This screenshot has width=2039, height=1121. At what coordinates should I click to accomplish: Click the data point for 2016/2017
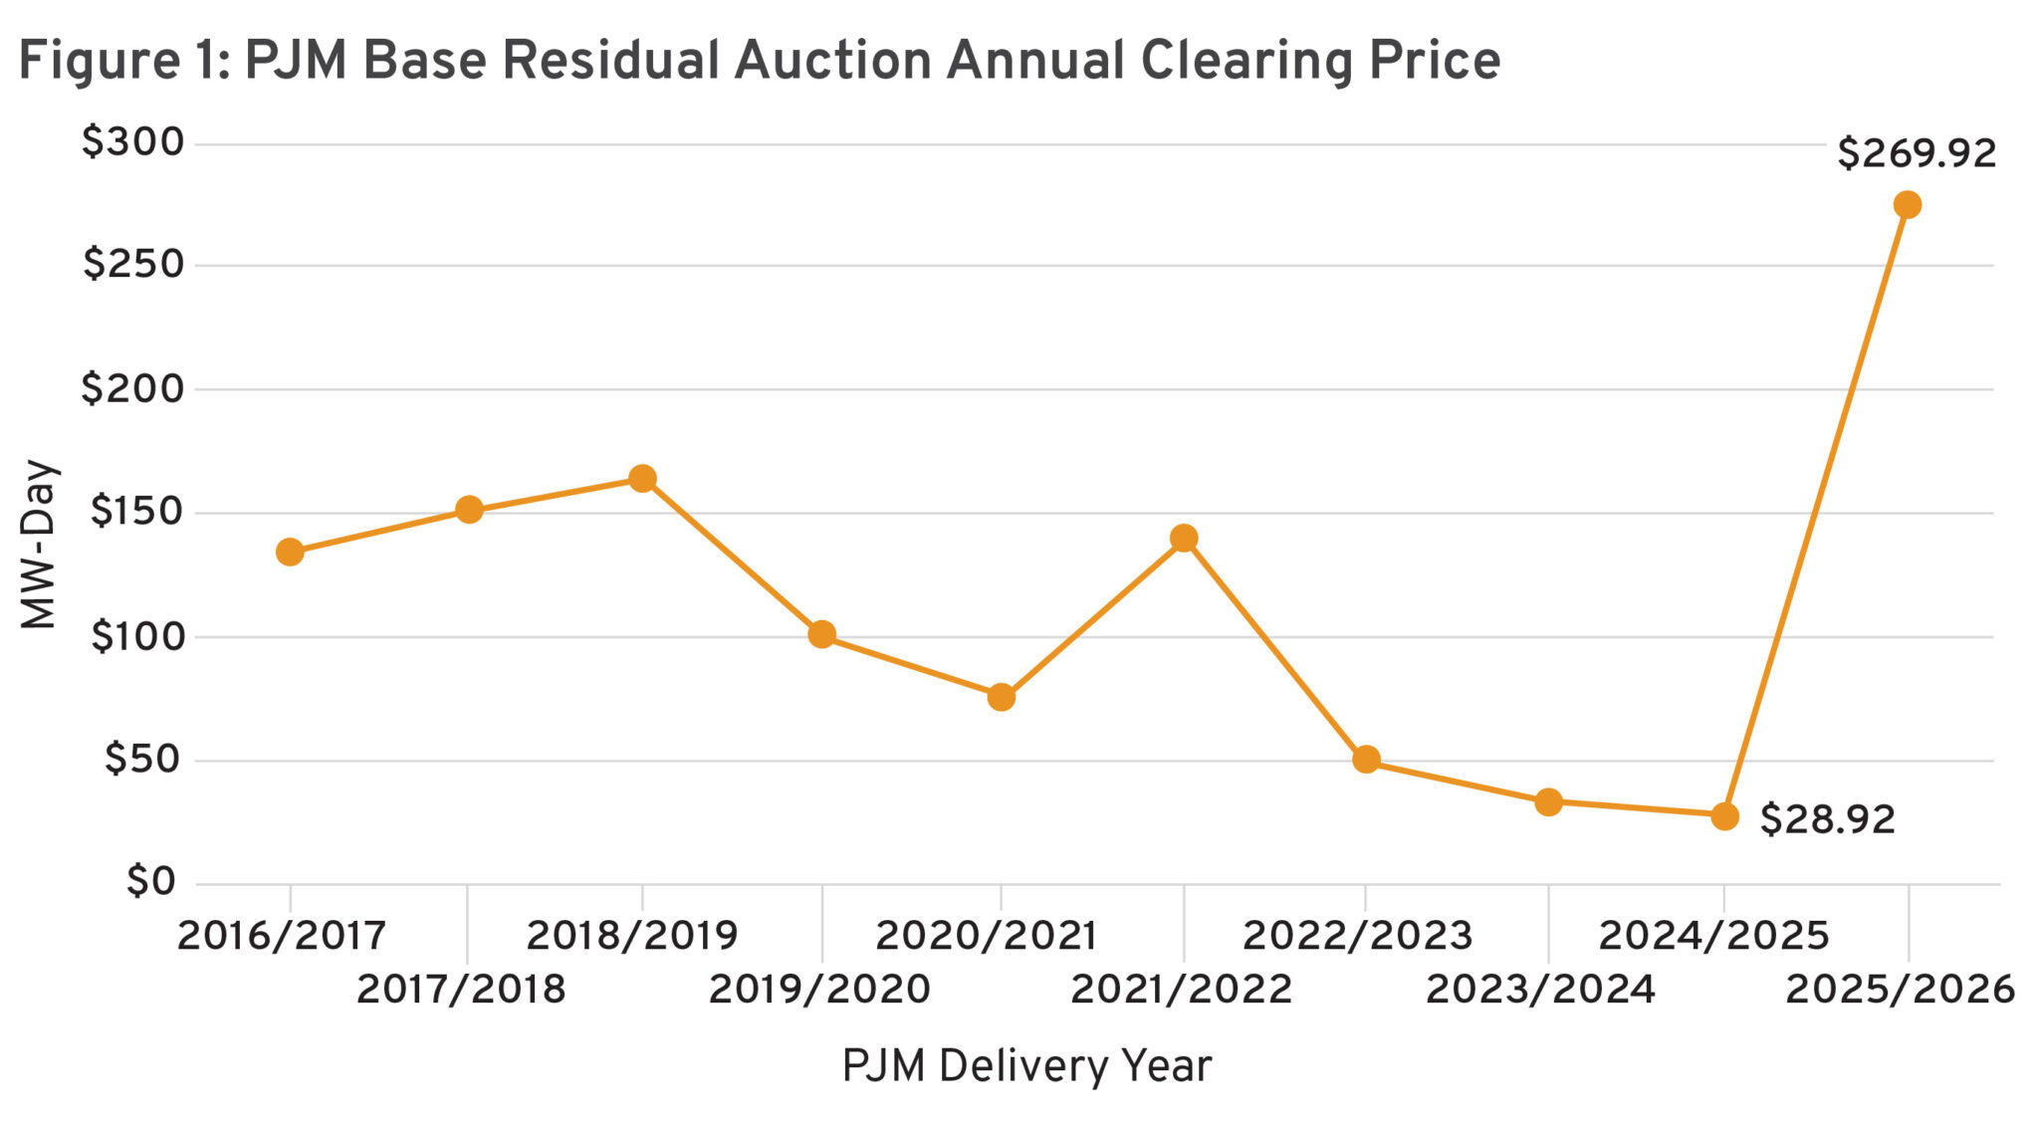[290, 552]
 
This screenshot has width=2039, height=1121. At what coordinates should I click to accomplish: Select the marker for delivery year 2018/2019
[642, 479]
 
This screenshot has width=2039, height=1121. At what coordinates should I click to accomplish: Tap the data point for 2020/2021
[1002, 697]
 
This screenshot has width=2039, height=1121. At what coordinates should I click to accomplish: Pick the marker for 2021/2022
[1184, 539]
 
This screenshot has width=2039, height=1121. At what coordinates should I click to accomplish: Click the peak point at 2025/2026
[1908, 205]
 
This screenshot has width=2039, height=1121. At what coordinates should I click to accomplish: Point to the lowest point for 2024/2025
[1725, 816]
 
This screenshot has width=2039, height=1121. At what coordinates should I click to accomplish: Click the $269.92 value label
[1917, 153]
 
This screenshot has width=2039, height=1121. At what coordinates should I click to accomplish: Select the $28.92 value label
[1828, 819]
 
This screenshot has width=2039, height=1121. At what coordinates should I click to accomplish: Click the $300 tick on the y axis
[133, 142]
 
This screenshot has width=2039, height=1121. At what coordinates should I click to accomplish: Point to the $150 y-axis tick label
[137, 512]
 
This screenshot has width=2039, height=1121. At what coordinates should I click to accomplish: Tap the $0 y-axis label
[151, 882]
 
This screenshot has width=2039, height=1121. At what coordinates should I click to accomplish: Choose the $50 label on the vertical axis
[142, 760]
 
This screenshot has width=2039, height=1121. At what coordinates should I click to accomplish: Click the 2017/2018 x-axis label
[461, 990]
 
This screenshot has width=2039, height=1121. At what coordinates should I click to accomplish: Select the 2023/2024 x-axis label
[1540, 990]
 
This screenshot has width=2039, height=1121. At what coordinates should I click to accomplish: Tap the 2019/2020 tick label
[819, 990]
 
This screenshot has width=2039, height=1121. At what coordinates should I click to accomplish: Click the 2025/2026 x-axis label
[1900, 990]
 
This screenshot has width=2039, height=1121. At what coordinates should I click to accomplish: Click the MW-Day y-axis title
[40, 545]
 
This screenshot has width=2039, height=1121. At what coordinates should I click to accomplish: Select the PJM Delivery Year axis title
[1026, 1066]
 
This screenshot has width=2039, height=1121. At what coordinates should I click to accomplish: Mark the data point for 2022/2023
[1366, 760]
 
